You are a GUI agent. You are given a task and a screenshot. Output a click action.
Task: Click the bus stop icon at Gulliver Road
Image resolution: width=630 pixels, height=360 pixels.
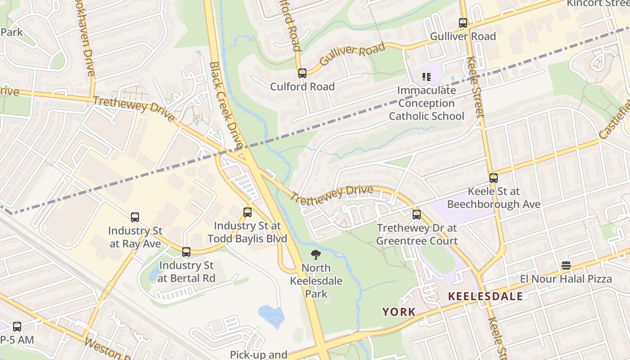tap(463, 22)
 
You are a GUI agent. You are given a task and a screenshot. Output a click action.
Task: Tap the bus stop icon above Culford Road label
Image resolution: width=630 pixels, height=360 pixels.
tap(302, 73)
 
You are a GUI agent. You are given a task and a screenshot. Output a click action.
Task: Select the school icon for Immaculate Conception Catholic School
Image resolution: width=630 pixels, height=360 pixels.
tap(426, 77)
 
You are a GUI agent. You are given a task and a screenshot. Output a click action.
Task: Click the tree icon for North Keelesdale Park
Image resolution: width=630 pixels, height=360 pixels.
tap(316, 255)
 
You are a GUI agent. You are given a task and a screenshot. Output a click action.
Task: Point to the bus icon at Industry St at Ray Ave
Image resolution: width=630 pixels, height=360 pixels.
tap(135, 217)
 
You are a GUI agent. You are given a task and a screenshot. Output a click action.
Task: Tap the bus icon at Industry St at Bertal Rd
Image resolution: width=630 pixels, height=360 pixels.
tap(186, 252)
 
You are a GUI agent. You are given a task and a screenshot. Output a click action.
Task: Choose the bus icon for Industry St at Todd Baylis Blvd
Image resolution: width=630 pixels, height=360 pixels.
tap(247, 212)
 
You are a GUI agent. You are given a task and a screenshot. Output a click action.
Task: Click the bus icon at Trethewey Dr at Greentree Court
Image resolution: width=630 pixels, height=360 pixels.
tap(417, 215)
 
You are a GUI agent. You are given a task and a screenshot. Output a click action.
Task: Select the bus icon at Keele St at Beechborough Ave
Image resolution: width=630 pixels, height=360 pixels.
tap(494, 178)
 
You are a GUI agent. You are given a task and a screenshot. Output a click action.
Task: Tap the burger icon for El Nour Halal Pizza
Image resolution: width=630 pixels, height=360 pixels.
tap(566, 265)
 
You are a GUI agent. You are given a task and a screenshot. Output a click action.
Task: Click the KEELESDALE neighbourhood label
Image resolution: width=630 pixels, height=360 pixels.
tap(486, 296)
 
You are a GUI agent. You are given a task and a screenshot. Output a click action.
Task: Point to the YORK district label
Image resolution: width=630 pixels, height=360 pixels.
tap(399, 311)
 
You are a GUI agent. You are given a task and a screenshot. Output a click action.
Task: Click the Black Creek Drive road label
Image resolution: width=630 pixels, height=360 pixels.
tap(226, 106)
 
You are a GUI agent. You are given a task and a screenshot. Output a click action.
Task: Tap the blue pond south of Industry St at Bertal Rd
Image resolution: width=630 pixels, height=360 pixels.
tap(271, 315)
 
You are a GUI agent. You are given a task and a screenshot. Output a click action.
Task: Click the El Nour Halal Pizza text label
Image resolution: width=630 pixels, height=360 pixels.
tap(566, 279)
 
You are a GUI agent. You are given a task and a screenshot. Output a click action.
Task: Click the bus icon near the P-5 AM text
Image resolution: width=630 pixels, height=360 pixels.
tap(17, 327)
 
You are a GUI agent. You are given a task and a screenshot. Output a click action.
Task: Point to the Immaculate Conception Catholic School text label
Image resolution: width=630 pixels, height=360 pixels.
tap(426, 103)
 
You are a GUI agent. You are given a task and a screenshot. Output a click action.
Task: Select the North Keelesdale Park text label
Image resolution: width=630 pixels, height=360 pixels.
tap(316, 281)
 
